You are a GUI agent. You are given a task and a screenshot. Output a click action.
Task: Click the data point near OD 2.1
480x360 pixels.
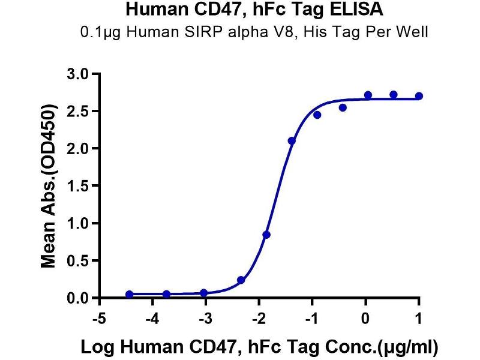[292, 141]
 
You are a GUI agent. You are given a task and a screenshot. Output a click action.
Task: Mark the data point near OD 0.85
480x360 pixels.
[266, 235]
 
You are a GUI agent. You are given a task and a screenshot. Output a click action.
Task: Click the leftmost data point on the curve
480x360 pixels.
[130, 294]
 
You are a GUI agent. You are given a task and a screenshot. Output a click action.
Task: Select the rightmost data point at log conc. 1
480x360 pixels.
[419, 96]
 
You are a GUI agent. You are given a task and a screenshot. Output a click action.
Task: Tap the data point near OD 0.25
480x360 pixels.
[241, 280]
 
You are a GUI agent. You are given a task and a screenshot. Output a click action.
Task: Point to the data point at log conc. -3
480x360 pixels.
[204, 293]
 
